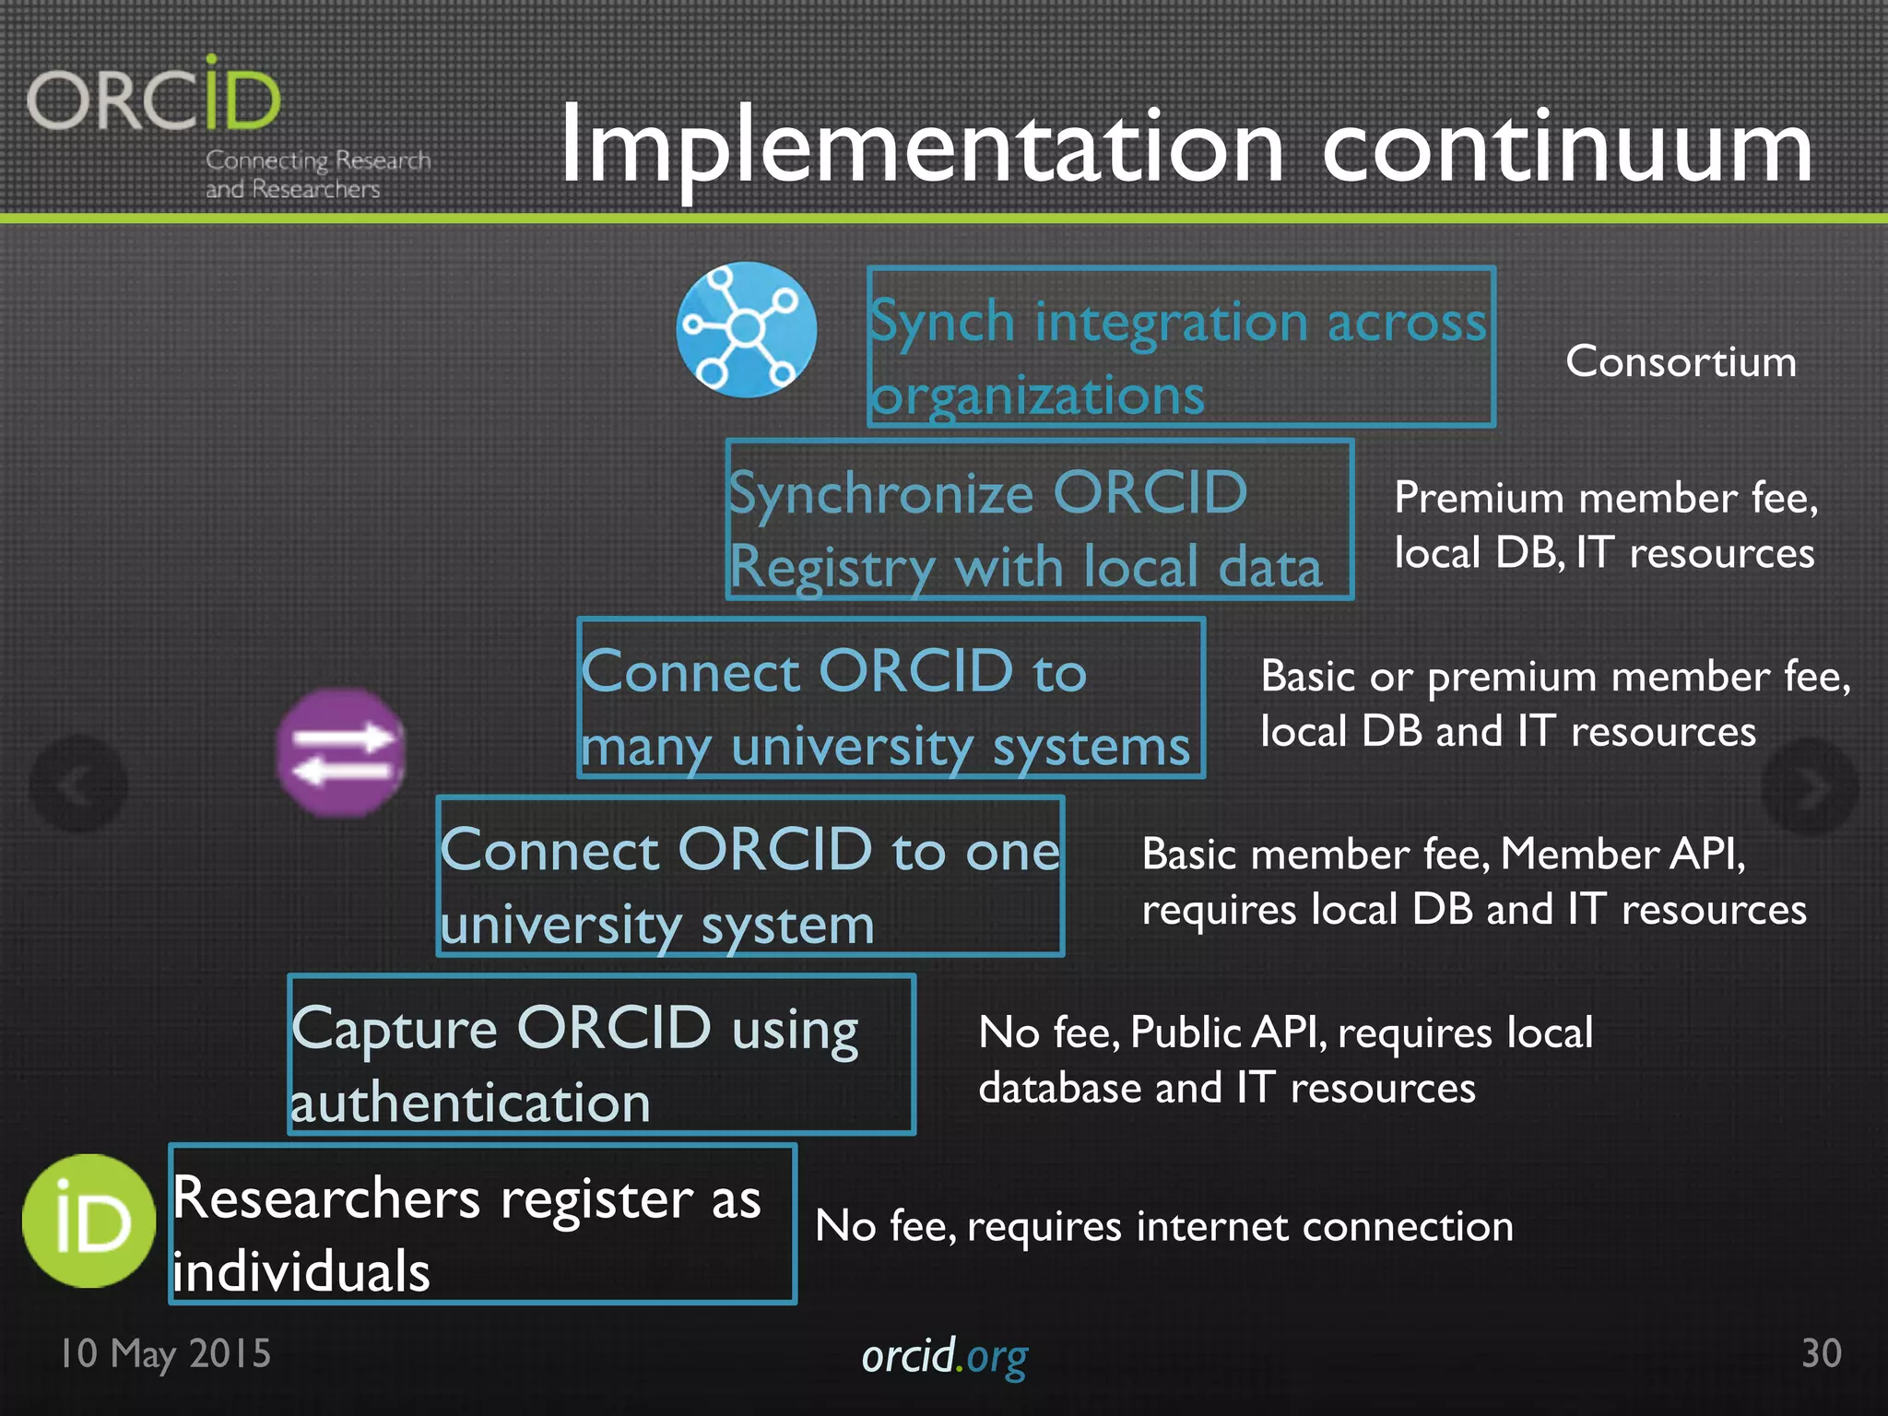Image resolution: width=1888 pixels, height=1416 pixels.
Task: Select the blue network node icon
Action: [x=746, y=329]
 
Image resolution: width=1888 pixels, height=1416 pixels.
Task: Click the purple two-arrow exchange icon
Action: [x=341, y=752]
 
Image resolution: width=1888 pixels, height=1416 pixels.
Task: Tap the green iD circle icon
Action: [x=88, y=1221]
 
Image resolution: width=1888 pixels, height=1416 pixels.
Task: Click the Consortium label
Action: [x=1681, y=361]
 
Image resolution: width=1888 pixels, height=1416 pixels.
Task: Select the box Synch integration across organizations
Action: [x=1181, y=347]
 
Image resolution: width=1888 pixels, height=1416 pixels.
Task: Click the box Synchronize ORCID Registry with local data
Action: [x=1039, y=520]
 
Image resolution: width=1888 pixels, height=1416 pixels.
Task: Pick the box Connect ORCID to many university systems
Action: [x=891, y=698]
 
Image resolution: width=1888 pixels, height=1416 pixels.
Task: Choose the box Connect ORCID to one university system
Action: [x=750, y=876]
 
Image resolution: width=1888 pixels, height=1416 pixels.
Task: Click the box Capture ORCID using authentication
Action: [x=601, y=1054]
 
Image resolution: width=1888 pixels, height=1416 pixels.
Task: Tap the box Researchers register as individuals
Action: [x=482, y=1223]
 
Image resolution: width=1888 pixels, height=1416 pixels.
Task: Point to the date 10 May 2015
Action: [x=166, y=1353]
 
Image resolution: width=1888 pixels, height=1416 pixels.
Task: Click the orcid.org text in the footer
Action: [x=944, y=1356]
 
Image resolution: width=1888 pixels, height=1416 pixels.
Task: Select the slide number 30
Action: [x=1821, y=1353]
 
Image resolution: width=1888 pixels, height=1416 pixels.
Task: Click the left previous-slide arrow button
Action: [x=78, y=785]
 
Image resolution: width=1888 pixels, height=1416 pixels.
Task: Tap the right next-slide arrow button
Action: [x=1809, y=786]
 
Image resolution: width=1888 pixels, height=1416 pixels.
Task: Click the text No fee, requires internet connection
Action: [x=1163, y=1226]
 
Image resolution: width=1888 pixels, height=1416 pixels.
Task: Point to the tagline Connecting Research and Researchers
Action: [x=316, y=174]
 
